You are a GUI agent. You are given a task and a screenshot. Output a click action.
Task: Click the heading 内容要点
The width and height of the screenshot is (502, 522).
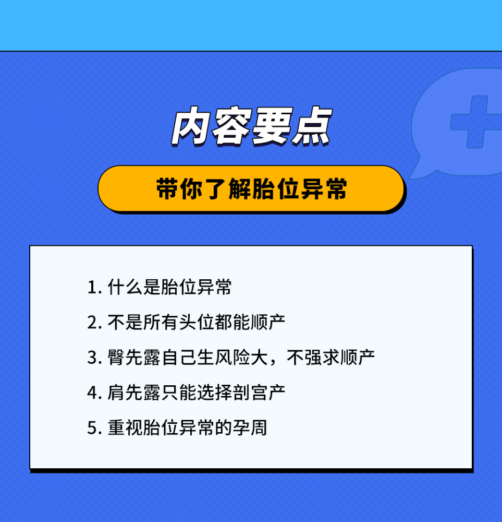pyautogui.click(x=252, y=126)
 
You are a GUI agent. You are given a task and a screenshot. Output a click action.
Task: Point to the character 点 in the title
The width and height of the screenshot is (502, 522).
pyautogui.click(x=312, y=126)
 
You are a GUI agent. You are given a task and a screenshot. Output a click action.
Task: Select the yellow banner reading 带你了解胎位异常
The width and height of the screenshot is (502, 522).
pyautogui.click(x=251, y=189)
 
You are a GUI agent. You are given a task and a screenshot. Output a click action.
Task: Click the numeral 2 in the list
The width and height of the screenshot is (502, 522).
pyautogui.click(x=92, y=323)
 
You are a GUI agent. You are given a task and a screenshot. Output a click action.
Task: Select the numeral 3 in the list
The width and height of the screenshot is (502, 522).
pyautogui.click(x=92, y=358)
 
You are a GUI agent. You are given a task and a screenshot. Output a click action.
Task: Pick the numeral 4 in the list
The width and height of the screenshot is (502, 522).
pyautogui.click(x=92, y=393)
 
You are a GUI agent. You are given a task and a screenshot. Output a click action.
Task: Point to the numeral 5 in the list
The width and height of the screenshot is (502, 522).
pyautogui.click(x=92, y=428)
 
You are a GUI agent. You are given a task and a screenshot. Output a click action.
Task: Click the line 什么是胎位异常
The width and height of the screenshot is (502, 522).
pyautogui.click(x=169, y=287)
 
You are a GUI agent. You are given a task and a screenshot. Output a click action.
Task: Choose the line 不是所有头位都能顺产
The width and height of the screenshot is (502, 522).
pyautogui.click(x=196, y=322)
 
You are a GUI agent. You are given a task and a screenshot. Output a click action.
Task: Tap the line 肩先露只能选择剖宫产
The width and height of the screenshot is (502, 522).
pyautogui.click(x=196, y=393)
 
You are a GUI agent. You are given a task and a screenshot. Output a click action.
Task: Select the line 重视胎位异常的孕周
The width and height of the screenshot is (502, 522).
pyautogui.click(x=187, y=428)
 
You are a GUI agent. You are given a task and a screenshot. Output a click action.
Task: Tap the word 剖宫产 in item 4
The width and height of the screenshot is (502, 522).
pyautogui.click(x=259, y=393)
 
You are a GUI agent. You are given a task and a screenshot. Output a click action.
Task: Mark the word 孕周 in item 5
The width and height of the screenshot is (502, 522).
pyautogui.click(x=250, y=428)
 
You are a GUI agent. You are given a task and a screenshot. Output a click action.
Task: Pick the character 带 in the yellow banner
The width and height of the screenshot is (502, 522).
pyautogui.click(x=167, y=188)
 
